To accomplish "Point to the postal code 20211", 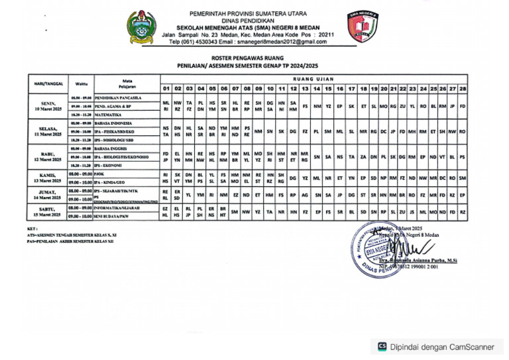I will pyautogui.click(x=326, y=34).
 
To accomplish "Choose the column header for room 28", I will pyautogui.click(x=463, y=88).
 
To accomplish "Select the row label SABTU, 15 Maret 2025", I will pyautogui.click(x=48, y=212).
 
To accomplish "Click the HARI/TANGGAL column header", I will pyautogui.click(x=48, y=84).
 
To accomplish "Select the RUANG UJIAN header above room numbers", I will pyautogui.click(x=311, y=79).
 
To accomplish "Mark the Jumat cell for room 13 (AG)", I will pyautogui.click(x=305, y=195).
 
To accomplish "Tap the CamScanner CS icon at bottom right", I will pyautogui.click(x=382, y=346).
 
